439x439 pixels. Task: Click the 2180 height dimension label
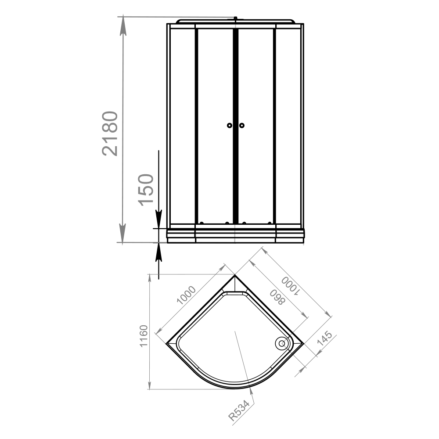pos(110,133)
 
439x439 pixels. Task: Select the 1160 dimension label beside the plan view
pos(144,336)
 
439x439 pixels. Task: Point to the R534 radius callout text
pos(239,411)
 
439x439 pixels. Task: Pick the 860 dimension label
pos(277,297)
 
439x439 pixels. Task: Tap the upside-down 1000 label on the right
pos(291,286)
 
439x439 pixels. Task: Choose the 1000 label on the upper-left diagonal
pos(186,295)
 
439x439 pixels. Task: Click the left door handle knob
pos(230,126)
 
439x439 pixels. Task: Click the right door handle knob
pos(241,126)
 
